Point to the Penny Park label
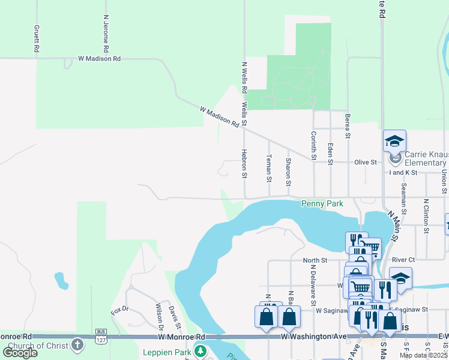[x=322, y=204]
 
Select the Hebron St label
[x=244, y=164]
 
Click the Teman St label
[x=269, y=170]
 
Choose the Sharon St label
[x=289, y=170]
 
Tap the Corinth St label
[x=313, y=146]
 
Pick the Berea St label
[x=348, y=126]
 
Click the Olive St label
[x=365, y=163]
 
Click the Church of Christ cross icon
[x=77, y=345]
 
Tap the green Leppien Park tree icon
[x=202, y=351]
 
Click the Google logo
[x=20, y=352]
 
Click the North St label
[x=315, y=260]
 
